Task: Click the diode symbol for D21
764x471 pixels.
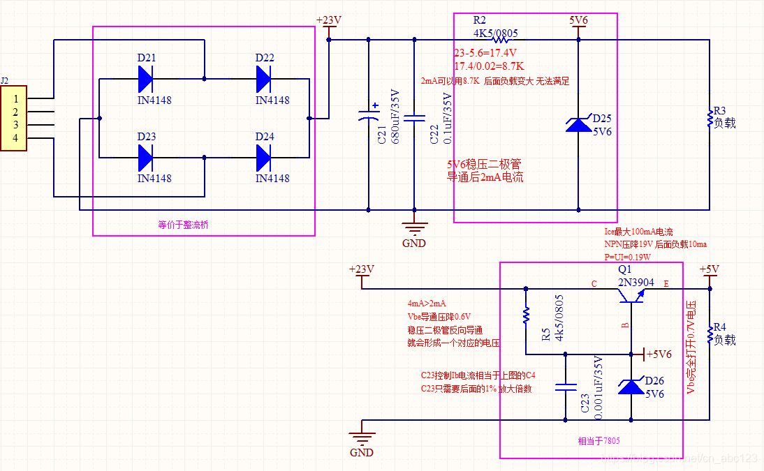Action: [x=146, y=80]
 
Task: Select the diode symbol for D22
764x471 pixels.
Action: [x=264, y=80]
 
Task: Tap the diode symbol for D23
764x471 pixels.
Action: [x=146, y=158]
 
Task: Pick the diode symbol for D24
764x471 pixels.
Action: [x=264, y=158]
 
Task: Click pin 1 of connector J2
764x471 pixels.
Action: [x=15, y=99]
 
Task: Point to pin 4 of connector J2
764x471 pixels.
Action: [x=15, y=138]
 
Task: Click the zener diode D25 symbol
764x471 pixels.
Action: [x=578, y=125]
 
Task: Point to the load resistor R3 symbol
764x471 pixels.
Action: [x=710, y=119]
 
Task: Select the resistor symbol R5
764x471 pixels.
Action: [x=525, y=317]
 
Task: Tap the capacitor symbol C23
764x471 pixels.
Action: [x=565, y=387]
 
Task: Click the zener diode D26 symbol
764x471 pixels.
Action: [x=631, y=386]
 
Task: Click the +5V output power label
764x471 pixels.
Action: [x=709, y=270]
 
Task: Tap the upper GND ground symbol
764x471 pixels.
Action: [x=414, y=230]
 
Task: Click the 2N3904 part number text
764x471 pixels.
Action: [x=636, y=283]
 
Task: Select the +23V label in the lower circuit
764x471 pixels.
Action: [x=361, y=270]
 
